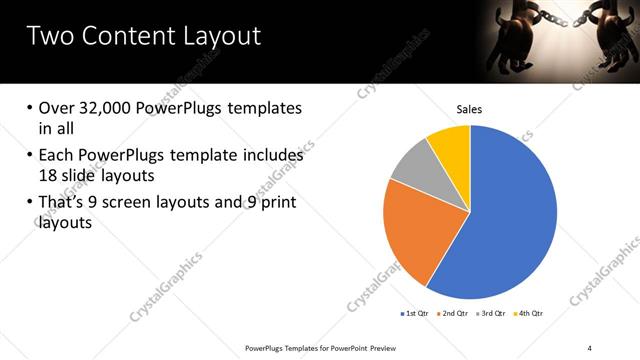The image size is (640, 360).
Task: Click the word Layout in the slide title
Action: coord(214,37)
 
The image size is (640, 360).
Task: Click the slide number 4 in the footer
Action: coord(589,347)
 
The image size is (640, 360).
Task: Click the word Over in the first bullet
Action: coord(56,108)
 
